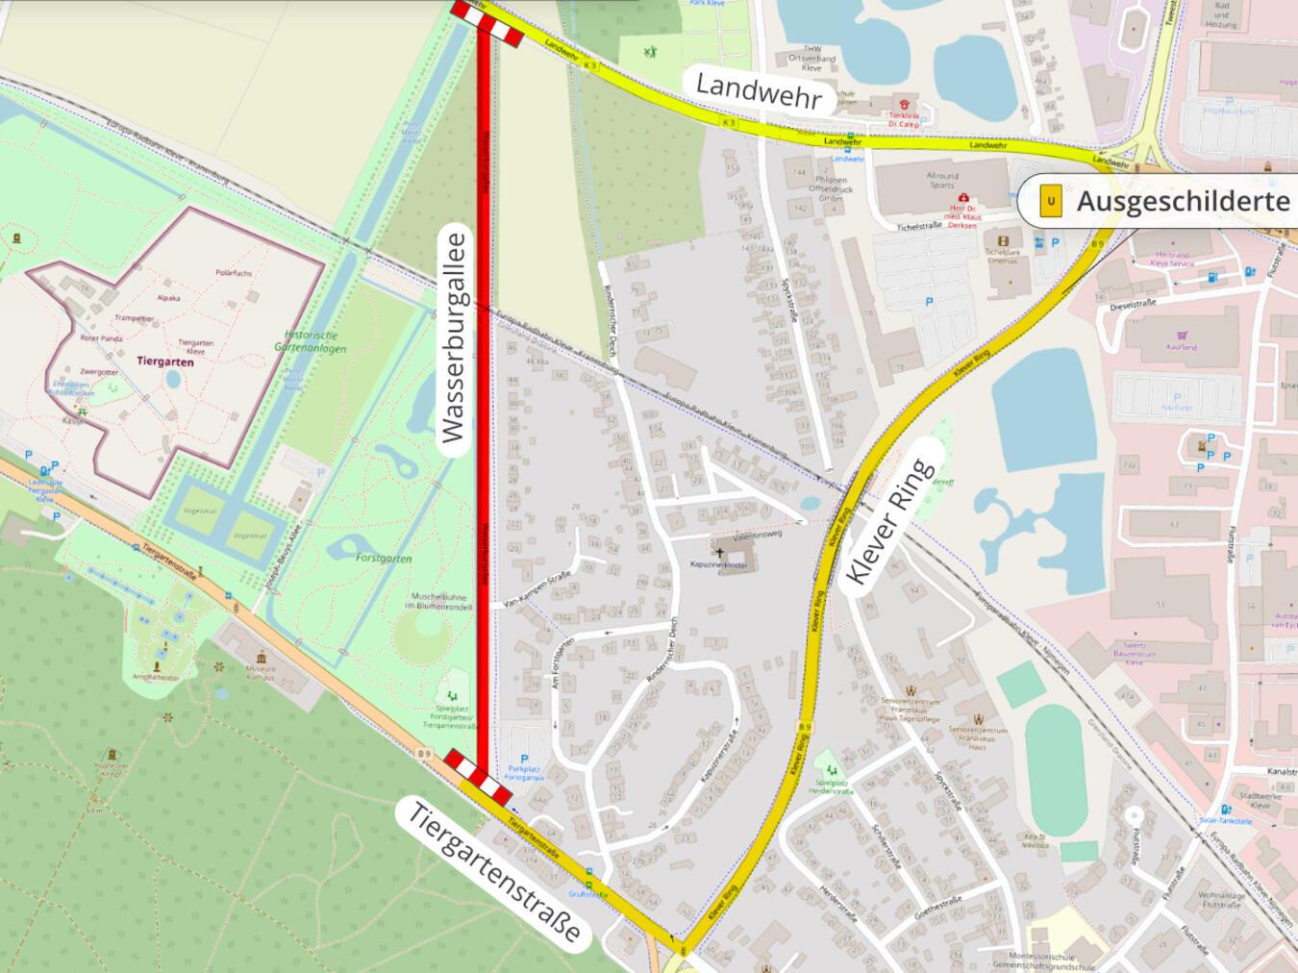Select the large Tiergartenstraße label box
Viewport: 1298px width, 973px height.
(x=496, y=872)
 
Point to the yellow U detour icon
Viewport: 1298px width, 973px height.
(x=1051, y=201)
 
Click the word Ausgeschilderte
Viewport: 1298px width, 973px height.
(x=1183, y=201)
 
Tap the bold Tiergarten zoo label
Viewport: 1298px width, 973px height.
(x=165, y=362)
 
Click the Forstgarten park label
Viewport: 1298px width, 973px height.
(x=384, y=558)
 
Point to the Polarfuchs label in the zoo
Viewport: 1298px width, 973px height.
(x=235, y=273)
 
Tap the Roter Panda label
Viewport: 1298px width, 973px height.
(x=100, y=338)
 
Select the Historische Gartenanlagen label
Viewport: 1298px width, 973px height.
(x=310, y=341)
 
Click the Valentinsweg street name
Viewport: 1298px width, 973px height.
(x=759, y=532)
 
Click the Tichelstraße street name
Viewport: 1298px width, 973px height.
(x=917, y=228)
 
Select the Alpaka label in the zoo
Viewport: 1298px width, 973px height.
(x=168, y=298)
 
